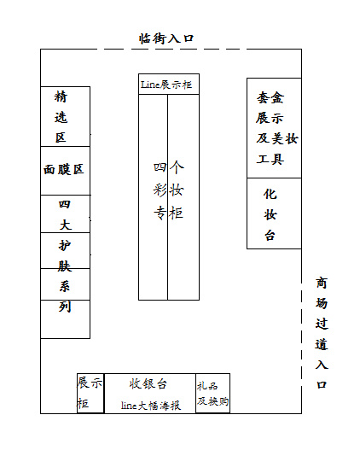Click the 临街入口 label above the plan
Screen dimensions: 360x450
[x=166, y=38]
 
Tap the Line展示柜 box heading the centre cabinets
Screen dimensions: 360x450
[x=169, y=84]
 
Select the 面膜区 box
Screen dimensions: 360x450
[x=66, y=171]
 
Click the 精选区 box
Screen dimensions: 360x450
[x=66, y=116]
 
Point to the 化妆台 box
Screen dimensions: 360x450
[x=274, y=213]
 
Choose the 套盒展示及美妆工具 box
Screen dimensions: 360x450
[x=274, y=128]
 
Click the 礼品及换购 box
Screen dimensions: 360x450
[x=212, y=393]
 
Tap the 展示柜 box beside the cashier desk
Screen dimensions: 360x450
[x=90, y=393]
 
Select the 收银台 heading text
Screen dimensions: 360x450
[x=148, y=383]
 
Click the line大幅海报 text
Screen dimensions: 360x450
[x=151, y=406]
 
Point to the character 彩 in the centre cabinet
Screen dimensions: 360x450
[x=160, y=190]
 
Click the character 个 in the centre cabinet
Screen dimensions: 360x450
[x=177, y=167]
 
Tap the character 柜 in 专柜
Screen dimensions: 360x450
[x=177, y=213]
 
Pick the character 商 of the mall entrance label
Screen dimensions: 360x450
[x=322, y=283]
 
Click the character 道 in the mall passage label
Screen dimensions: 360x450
[x=322, y=344]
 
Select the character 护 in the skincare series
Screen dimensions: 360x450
[x=65, y=246]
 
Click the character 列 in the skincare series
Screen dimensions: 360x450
[x=65, y=307]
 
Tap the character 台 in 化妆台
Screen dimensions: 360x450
[x=270, y=236]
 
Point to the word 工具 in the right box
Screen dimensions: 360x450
[x=270, y=159]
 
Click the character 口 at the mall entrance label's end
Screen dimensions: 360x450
[x=322, y=384]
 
